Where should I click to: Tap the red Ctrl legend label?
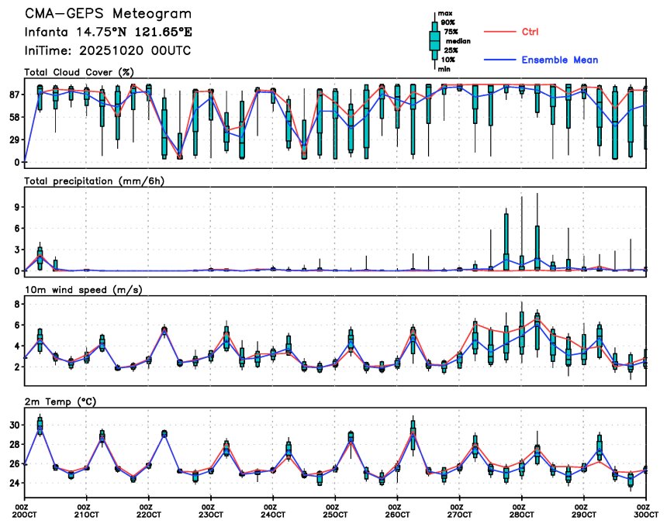click(530, 32)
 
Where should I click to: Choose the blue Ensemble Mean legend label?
click(559, 60)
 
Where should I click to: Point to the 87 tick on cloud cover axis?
click(13, 95)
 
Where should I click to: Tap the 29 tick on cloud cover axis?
click(13, 139)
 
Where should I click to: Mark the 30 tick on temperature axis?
click(13, 425)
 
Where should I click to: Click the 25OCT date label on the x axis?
click(336, 515)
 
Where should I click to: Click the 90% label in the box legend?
click(448, 22)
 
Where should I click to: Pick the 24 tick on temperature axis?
click(13, 483)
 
